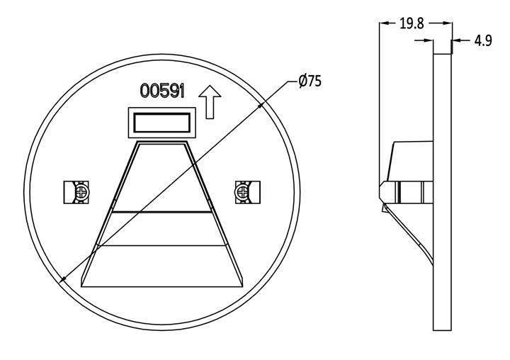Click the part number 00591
[x=162, y=91]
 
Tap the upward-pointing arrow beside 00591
[x=210, y=102]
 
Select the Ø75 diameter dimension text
[x=310, y=81]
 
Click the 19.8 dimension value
[x=412, y=23]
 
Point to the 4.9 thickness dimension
[x=483, y=40]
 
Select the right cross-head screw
[x=243, y=192]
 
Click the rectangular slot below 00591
[x=162, y=123]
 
